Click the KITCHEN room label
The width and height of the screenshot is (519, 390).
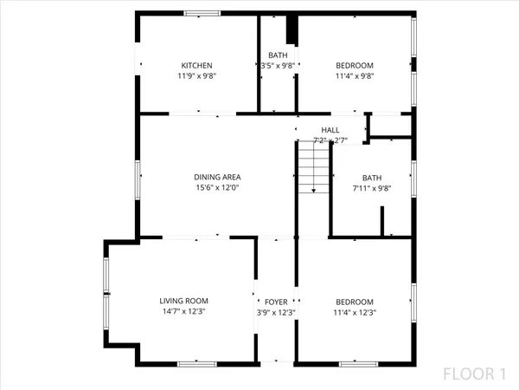(196, 66)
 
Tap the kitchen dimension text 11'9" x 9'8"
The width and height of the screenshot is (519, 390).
(196, 76)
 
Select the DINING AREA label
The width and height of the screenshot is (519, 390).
(217, 177)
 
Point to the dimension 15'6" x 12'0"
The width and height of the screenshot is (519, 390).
(217, 187)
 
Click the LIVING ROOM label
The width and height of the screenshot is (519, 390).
(183, 301)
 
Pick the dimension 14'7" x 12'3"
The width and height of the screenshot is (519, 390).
(183, 311)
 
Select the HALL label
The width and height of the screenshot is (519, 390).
(330, 130)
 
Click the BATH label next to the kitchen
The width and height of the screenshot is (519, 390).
(278, 55)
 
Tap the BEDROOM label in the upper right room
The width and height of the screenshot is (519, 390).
(354, 66)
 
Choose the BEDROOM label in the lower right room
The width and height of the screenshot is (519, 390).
(354, 301)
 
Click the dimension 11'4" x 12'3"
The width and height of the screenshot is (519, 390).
(354, 311)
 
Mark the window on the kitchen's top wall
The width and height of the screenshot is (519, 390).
(201, 13)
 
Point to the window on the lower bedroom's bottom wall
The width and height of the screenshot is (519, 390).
(356, 362)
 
